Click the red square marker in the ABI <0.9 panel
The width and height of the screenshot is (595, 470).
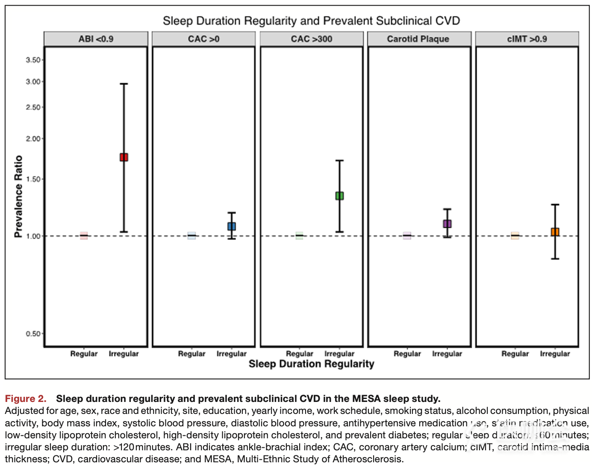point(124,157)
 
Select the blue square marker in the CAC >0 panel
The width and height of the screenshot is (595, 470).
point(232,226)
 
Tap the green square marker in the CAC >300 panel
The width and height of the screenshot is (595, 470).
point(339,196)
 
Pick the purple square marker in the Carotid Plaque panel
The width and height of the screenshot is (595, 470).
point(447,223)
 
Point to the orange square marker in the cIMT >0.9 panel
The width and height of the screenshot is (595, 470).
point(555,232)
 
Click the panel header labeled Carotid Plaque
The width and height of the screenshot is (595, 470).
point(418,39)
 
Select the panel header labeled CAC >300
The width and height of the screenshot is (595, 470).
point(312,39)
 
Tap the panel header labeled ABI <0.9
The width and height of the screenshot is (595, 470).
point(96,39)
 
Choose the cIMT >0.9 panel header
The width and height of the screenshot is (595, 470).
point(527,39)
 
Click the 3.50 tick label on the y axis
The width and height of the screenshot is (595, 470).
point(33,60)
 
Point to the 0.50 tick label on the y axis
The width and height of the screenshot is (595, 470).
point(33,333)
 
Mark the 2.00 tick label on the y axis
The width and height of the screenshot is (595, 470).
point(33,139)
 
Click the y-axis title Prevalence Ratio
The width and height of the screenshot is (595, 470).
point(18,196)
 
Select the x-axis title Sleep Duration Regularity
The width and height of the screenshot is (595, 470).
point(311,364)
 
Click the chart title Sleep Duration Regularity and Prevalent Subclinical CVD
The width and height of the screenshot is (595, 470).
point(311,21)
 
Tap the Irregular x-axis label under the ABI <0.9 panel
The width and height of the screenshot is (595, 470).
point(124,354)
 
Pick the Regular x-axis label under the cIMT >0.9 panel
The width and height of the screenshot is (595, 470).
point(515,354)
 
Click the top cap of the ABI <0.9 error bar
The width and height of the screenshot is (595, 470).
point(124,84)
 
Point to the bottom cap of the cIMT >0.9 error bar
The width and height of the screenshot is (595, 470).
point(555,259)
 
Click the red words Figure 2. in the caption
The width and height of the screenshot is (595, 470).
point(26,399)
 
